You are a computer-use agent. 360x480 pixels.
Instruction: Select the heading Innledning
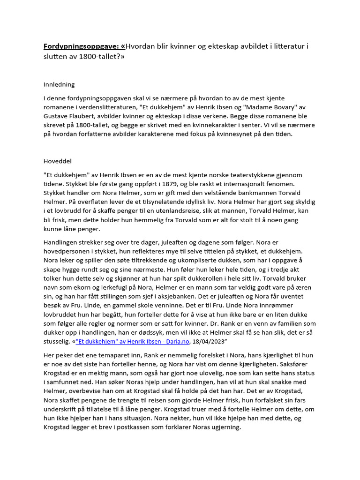point(59,85)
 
